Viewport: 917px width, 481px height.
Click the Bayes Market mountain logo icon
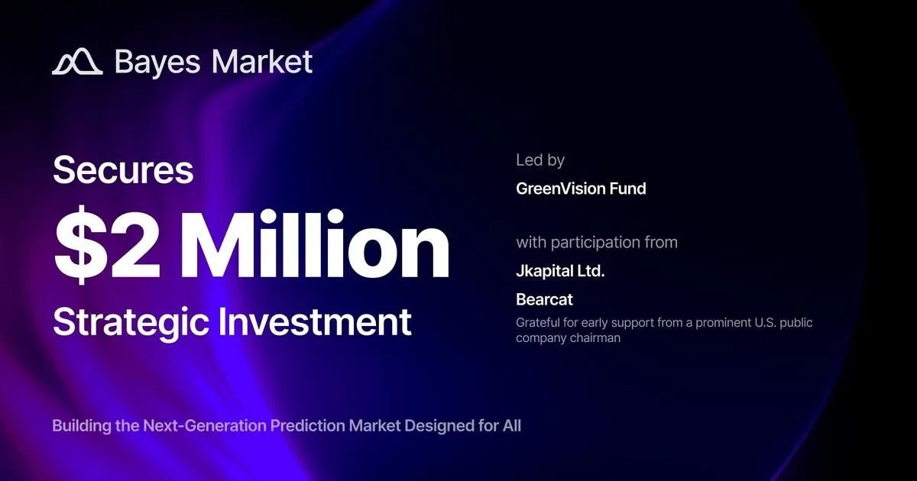[77, 62]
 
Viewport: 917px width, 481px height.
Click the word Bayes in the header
[157, 63]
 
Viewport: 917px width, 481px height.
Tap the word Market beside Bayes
[262, 62]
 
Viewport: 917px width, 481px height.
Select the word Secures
[123, 169]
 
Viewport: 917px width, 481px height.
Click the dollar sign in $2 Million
[81, 244]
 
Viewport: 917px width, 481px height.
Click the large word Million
[314, 244]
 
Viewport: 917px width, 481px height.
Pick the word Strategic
[131, 323]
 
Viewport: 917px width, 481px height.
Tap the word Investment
[314, 321]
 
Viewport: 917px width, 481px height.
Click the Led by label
[540, 160]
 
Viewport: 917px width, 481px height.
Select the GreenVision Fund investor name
[581, 189]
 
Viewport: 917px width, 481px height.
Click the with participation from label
[597, 243]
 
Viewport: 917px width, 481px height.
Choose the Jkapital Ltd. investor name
[560, 272]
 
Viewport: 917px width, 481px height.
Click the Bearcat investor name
[544, 300]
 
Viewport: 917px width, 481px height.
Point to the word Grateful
[537, 323]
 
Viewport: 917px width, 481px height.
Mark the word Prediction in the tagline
[308, 426]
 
